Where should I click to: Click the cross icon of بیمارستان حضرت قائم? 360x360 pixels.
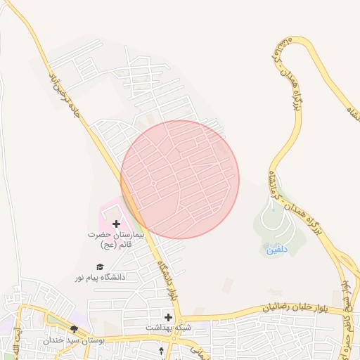pos(116,223)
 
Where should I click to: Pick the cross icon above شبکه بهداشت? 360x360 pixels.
pos(168,316)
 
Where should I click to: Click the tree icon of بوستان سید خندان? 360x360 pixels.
pos(74,329)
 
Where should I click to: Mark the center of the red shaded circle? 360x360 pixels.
pos(180,179)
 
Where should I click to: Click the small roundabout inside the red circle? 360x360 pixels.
pos(153,184)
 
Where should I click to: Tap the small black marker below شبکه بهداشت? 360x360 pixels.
pos(162,349)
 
